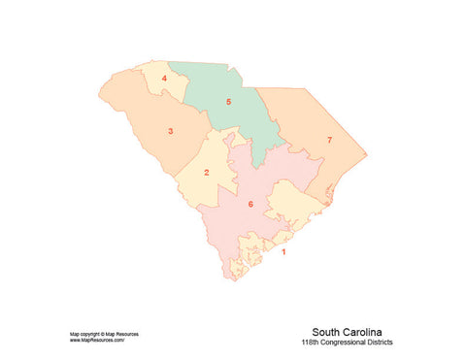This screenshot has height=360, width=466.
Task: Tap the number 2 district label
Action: pyautogui.click(x=206, y=174)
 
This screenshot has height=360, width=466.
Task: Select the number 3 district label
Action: pyautogui.click(x=171, y=131)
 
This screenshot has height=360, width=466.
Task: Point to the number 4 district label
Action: pyautogui.click(x=164, y=78)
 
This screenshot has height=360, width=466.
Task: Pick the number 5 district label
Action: pyautogui.click(x=228, y=101)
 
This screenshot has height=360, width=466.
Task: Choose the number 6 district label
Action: pyautogui.click(x=250, y=204)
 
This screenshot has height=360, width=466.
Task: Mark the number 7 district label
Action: pyautogui.click(x=329, y=141)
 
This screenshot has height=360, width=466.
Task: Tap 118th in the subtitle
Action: pyautogui.click(x=312, y=343)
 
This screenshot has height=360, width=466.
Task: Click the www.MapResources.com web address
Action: pyautogui.click(x=97, y=341)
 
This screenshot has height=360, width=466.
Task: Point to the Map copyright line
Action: pyautogui.click(x=104, y=334)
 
